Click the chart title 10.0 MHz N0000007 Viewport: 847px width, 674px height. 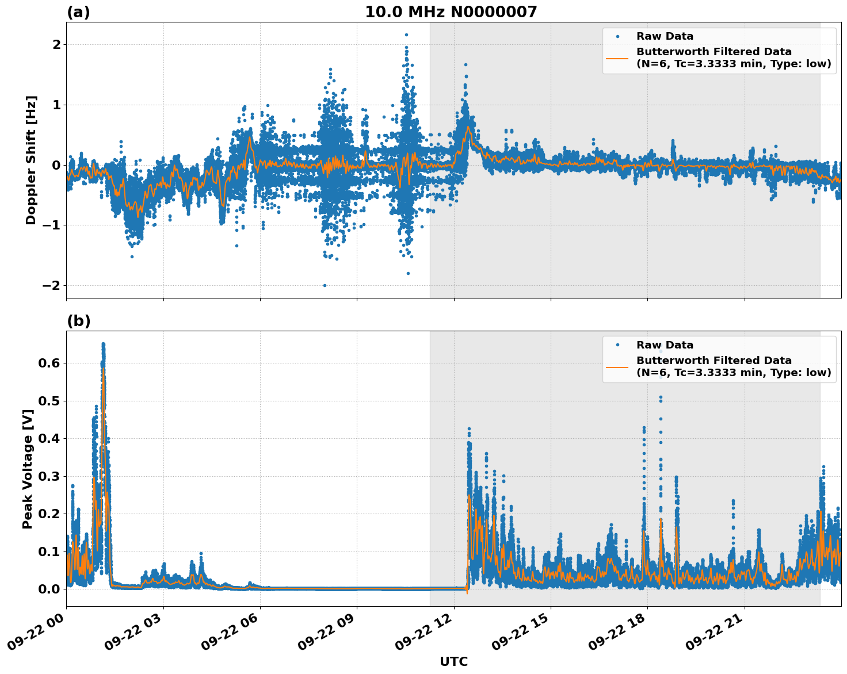pyautogui.click(x=451, y=12)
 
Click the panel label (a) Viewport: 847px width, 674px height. pyautogui.click(x=78, y=12)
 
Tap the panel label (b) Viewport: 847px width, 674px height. pyautogui.click(x=78, y=321)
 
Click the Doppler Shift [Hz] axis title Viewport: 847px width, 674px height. pyautogui.click(x=31, y=160)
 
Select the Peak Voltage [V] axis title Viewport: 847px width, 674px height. pyautogui.click(x=28, y=469)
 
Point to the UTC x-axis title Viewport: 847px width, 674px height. pyautogui.click(x=453, y=661)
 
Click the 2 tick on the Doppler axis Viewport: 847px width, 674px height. pyautogui.click(x=56, y=45)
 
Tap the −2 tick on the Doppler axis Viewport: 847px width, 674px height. pyautogui.click(x=51, y=286)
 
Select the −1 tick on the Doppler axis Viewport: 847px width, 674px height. pyautogui.click(x=51, y=225)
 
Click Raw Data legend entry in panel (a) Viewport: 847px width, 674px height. pyautogui.click(x=665, y=36)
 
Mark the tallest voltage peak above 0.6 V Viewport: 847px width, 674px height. pyautogui.click(x=104, y=344)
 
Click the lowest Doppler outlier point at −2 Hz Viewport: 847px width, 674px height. pyautogui.click(x=325, y=285)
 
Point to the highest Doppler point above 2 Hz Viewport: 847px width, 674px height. pyautogui.click(x=406, y=35)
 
